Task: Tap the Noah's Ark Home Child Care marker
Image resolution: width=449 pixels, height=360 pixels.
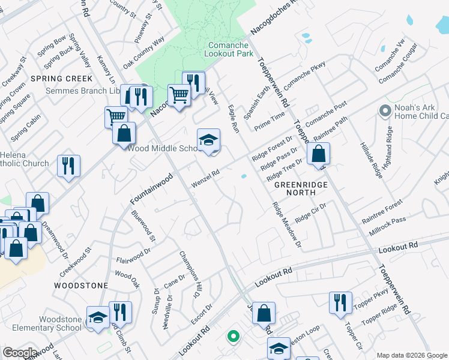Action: point(385,110)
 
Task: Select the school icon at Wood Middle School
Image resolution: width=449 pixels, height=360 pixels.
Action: point(209,140)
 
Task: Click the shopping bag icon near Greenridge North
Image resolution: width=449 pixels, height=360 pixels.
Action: point(318,154)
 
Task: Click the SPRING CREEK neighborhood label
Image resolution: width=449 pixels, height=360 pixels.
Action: point(70,79)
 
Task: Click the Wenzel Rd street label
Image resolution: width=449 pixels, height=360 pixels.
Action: point(205,178)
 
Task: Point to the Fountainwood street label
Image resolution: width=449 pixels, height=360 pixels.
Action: point(152,188)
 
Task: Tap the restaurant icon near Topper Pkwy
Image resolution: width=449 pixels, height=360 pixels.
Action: point(340,302)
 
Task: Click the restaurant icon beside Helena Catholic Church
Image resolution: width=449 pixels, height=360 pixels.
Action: point(69,166)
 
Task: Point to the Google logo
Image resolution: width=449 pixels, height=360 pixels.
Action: point(20,353)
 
